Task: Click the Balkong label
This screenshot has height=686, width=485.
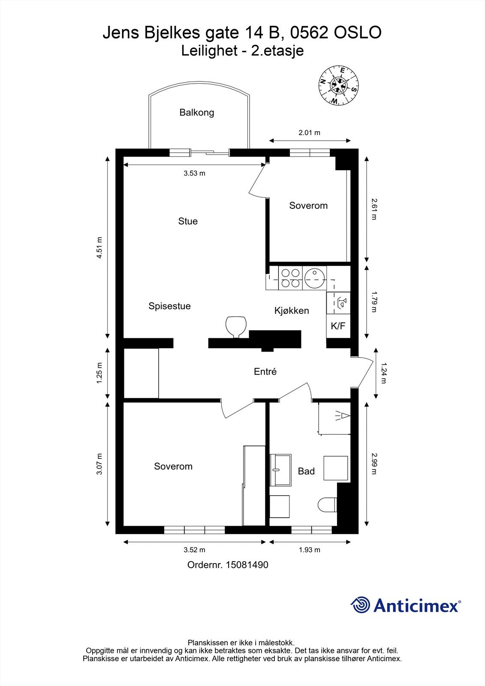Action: (197, 113)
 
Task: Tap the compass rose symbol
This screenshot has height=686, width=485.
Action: (338, 85)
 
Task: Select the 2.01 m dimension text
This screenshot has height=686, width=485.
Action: (310, 132)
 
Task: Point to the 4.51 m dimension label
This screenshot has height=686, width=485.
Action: (99, 247)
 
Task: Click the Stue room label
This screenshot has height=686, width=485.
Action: (188, 221)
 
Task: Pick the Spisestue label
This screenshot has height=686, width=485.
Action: (169, 306)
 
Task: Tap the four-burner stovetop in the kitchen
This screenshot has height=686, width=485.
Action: (290, 278)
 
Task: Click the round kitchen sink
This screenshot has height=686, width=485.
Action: (315, 278)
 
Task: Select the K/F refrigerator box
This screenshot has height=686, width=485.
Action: (338, 326)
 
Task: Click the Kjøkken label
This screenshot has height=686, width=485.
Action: (292, 310)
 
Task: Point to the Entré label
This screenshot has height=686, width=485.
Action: (265, 371)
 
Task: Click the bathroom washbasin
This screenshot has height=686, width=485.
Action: (280, 470)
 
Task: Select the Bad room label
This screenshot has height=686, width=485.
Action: (306, 471)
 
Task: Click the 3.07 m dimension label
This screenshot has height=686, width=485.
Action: (99, 463)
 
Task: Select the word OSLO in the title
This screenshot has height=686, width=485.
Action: (358, 33)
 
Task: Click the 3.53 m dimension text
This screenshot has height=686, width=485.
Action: (195, 173)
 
